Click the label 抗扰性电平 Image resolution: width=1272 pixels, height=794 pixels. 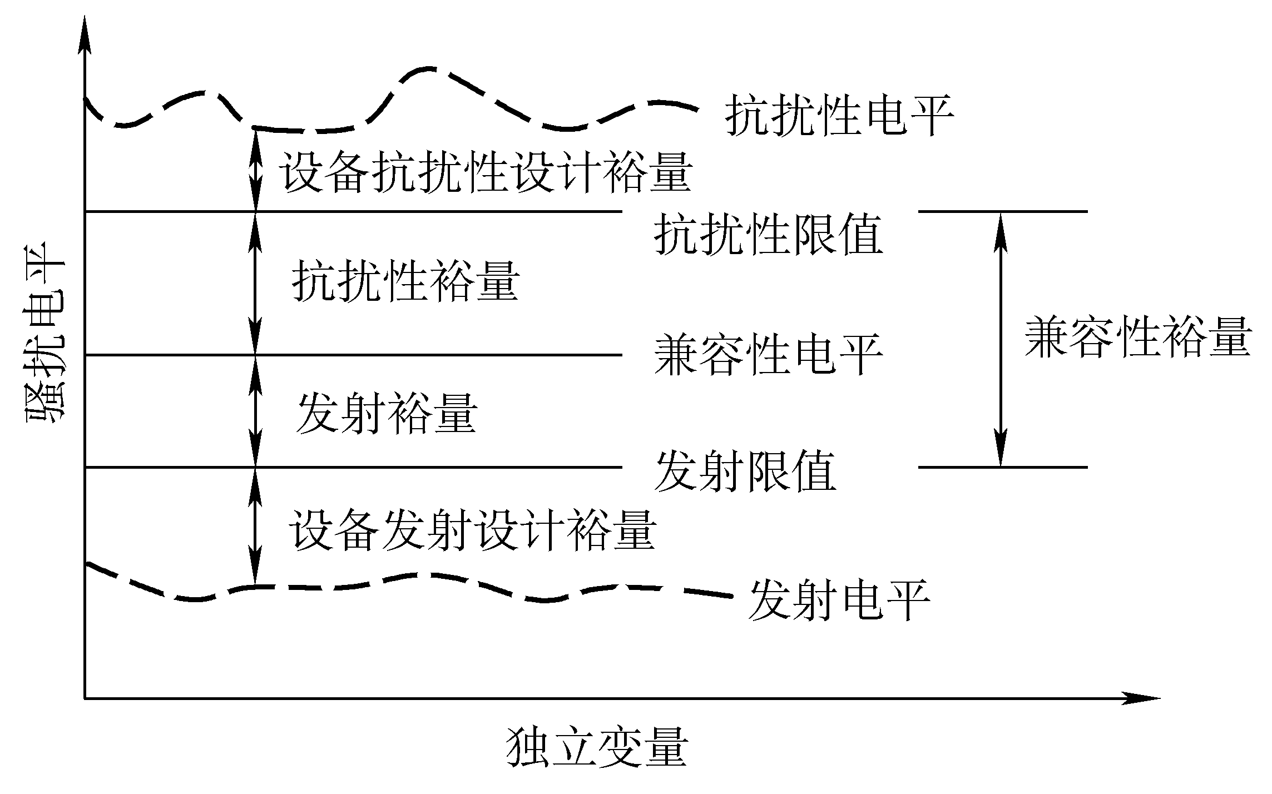(839, 116)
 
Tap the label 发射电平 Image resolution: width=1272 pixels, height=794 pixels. (839, 601)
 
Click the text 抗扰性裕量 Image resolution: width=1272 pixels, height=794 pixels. (405, 282)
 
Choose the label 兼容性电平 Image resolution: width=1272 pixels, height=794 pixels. (768, 354)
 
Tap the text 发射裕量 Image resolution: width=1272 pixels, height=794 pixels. (387, 414)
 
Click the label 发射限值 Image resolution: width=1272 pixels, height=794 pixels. (745, 472)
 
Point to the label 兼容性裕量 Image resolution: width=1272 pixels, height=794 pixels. (1137, 338)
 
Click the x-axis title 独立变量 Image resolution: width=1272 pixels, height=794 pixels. (597, 747)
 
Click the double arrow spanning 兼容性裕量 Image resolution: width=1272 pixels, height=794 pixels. (1001, 339)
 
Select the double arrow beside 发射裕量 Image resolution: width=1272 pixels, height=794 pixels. (255, 411)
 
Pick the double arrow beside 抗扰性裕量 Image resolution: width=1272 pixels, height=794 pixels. (255, 283)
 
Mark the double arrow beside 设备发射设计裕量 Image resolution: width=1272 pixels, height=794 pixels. (255, 527)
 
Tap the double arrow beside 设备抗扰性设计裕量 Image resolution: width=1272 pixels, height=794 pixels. (255, 170)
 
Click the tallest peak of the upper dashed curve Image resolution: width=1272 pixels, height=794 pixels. (428, 69)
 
